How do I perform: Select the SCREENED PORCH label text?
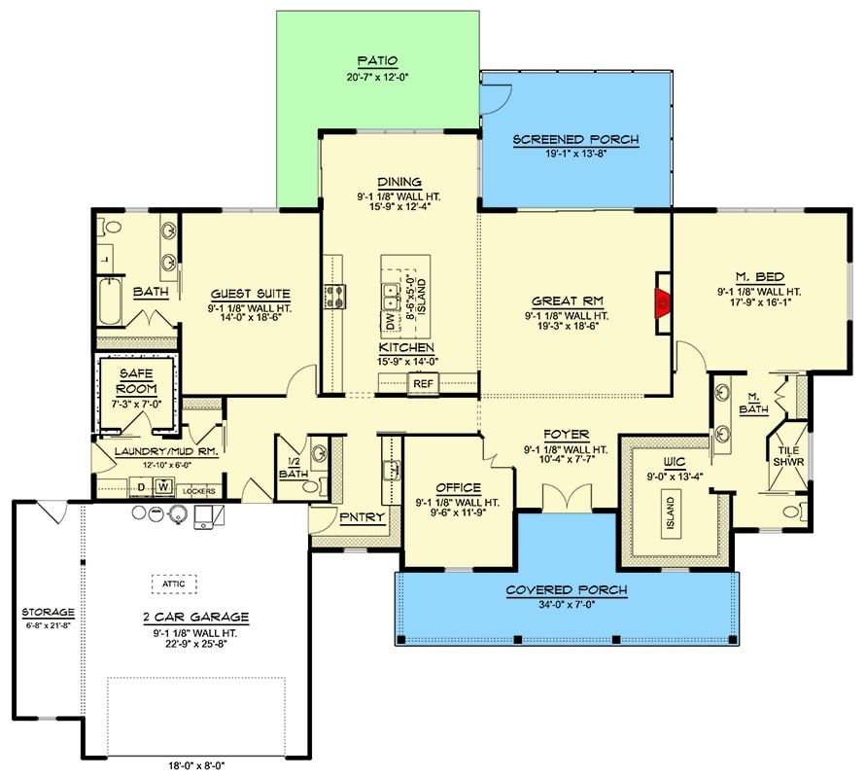coord(575,139)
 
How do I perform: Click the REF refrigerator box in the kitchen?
coord(423,384)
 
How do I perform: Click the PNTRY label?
coord(356,517)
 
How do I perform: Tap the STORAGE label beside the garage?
coord(49,612)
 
